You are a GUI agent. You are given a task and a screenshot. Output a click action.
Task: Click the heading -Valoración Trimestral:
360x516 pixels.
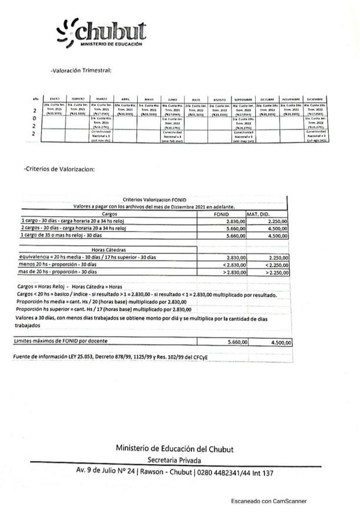81,71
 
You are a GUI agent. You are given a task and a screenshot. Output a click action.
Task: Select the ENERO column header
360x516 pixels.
55,100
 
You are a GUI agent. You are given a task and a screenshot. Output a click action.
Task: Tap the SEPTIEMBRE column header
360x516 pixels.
243,100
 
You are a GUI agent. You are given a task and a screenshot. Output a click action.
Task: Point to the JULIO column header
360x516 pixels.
195,100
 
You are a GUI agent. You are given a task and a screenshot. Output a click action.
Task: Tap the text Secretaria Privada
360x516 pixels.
174,460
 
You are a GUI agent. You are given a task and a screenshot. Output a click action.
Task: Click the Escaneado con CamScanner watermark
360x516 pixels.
269,501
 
